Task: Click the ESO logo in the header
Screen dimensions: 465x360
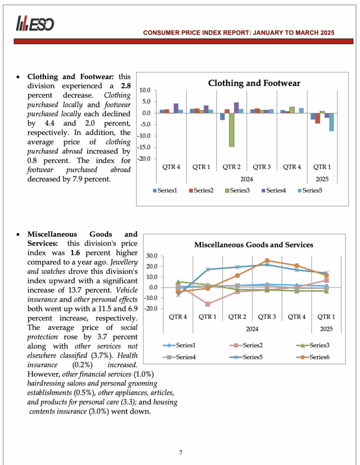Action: pyautogui.click(x=35, y=23)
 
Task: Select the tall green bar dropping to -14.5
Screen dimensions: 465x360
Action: pyautogui.click(x=232, y=130)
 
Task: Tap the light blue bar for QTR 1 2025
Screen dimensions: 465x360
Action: pyautogui.click(x=332, y=122)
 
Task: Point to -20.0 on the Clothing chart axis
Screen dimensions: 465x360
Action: pyautogui.click(x=144, y=159)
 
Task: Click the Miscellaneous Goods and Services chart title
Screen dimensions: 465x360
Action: pyautogui.click(x=253, y=245)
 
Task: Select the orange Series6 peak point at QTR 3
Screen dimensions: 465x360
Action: pyautogui.click(x=267, y=261)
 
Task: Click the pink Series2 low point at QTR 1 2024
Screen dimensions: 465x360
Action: pyautogui.click(x=207, y=304)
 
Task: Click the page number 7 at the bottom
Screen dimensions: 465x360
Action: pyautogui.click(x=181, y=452)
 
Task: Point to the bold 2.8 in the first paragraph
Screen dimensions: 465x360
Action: pyautogui.click(x=126, y=86)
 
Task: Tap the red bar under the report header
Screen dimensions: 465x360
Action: pyautogui.click(x=183, y=41)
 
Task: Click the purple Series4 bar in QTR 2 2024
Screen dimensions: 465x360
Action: pyautogui.click(x=237, y=108)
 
